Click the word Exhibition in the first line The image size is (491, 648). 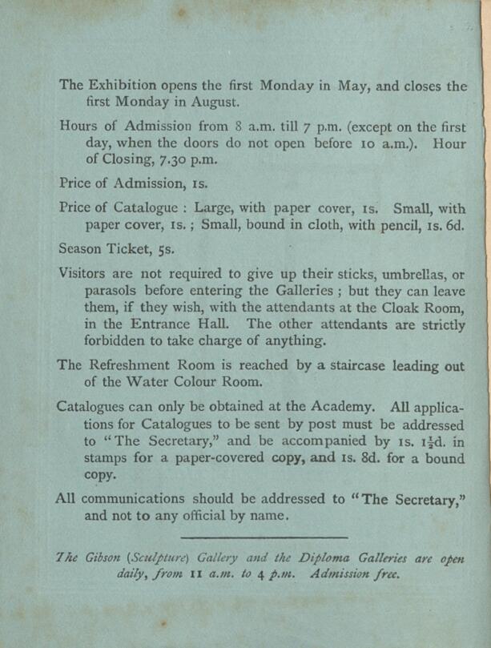[x=119, y=85]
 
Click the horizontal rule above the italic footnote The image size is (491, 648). [x=264, y=537]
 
